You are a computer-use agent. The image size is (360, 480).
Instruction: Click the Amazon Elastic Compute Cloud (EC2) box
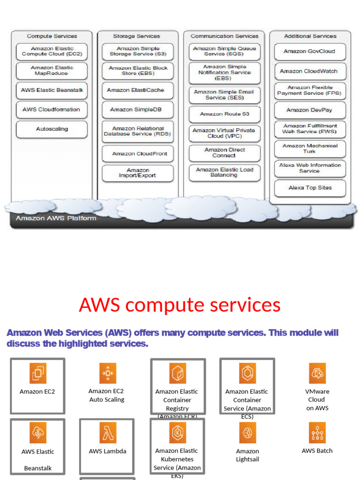(52, 52)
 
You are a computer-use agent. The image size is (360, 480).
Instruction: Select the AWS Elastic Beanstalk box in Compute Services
(52, 90)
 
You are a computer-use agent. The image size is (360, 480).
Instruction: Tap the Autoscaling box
(52, 129)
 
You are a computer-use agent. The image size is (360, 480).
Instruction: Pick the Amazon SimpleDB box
(137, 110)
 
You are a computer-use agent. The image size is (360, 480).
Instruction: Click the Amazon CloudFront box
(137, 154)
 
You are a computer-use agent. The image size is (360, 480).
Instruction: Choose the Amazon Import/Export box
(137, 173)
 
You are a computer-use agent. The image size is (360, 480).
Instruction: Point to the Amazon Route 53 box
(224, 114)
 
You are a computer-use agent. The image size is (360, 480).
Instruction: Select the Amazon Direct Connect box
(224, 153)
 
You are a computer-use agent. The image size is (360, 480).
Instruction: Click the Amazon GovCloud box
(310, 52)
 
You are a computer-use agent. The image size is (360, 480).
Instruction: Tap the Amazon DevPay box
(310, 110)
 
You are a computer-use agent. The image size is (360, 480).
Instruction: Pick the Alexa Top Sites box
(310, 188)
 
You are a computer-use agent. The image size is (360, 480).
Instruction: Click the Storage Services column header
(136, 36)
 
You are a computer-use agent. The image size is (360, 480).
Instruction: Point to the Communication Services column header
(224, 36)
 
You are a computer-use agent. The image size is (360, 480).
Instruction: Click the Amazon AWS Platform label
(56, 218)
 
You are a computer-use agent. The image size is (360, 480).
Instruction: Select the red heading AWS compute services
(180, 305)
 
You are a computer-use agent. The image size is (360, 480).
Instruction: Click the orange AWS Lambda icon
(108, 433)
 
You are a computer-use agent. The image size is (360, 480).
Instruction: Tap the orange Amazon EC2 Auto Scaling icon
(108, 373)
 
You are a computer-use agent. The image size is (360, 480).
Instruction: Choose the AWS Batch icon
(317, 433)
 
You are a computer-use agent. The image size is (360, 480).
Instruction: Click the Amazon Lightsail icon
(247, 433)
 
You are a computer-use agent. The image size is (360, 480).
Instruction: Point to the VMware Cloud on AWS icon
(317, 373)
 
